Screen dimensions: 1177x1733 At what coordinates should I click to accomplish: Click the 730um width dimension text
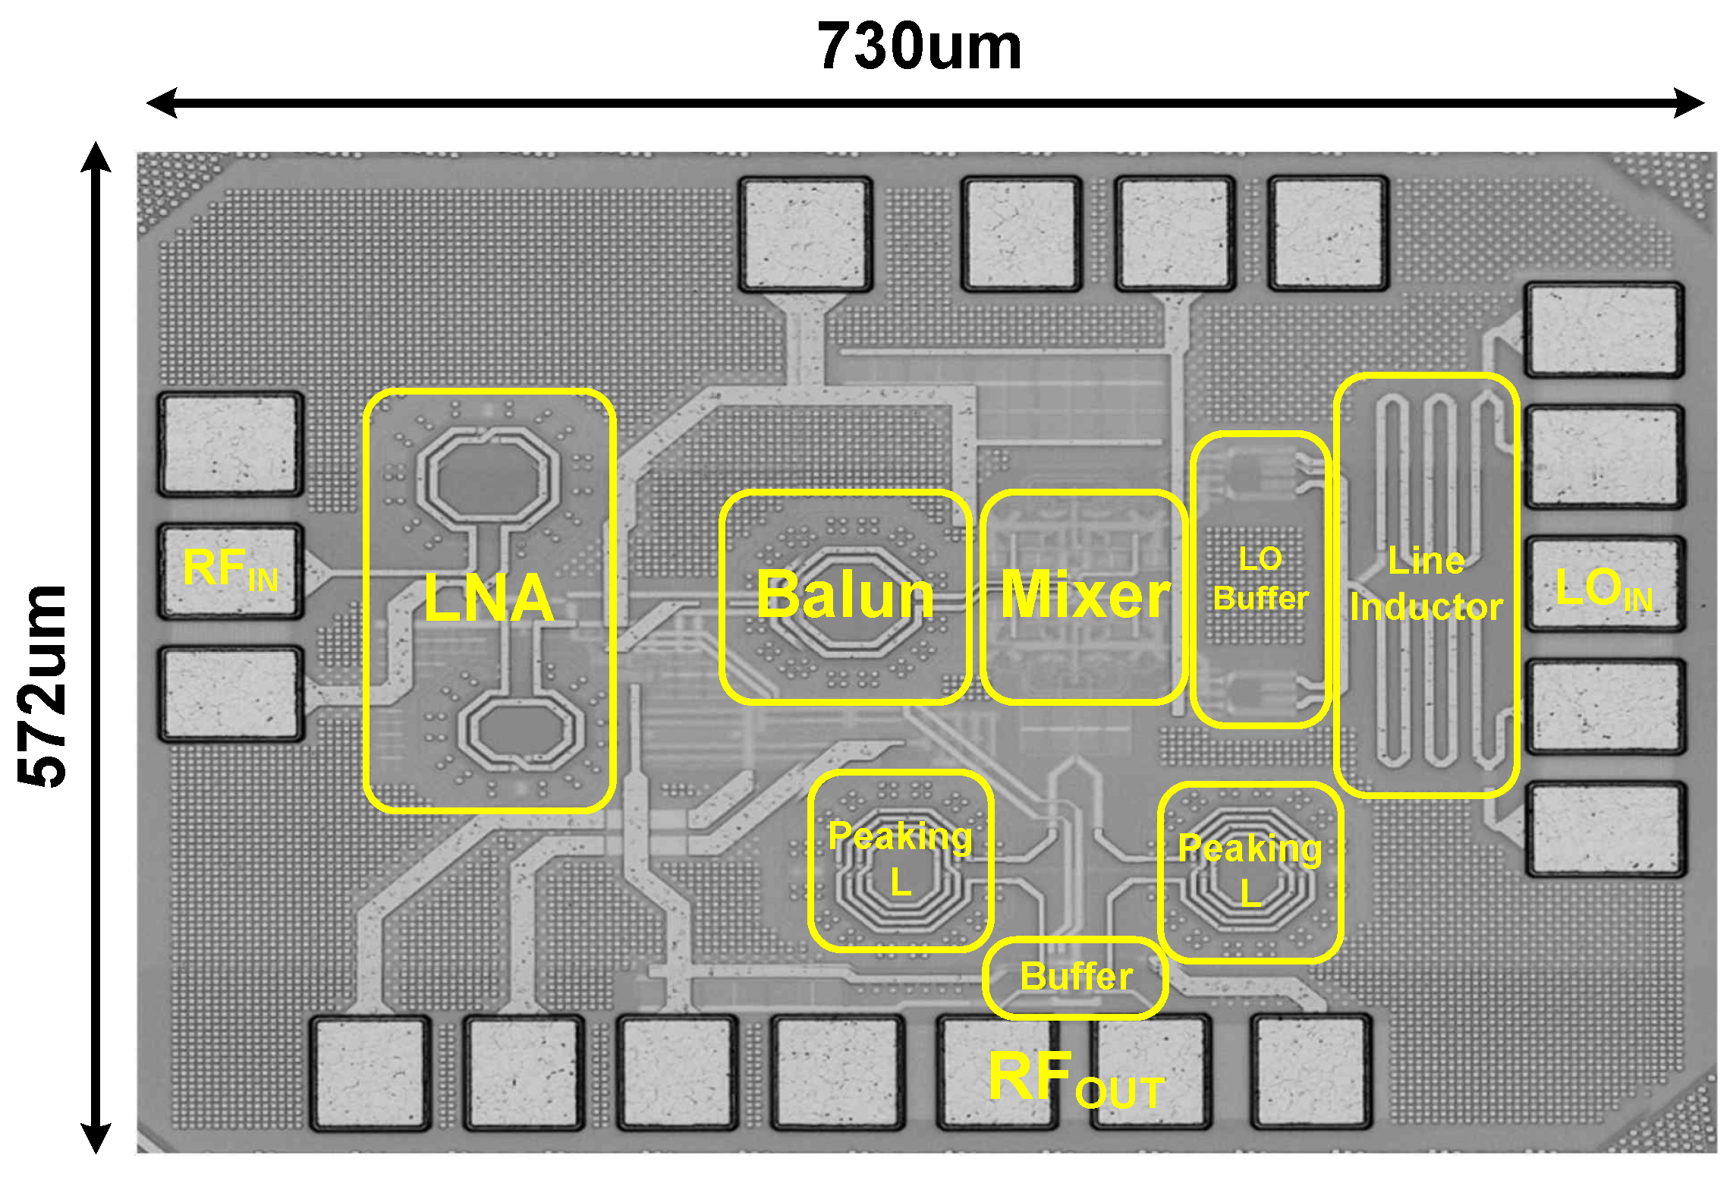point(919,47)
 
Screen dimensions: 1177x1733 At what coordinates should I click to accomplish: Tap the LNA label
point(489,598)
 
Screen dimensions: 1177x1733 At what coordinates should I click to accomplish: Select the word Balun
point(845,595)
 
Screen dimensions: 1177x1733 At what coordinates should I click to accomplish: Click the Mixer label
point(1085,595)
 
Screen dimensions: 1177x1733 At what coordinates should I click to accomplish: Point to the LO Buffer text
point(1260,579)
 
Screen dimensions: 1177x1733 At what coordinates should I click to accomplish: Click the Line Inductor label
point(1426,584)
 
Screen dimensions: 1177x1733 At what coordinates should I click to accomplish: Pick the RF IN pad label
point(230,570)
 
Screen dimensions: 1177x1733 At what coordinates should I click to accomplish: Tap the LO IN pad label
point(1603,588)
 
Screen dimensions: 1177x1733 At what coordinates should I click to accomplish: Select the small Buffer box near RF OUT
point(1076,977)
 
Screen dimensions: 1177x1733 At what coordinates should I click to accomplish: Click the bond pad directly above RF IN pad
point(230,445)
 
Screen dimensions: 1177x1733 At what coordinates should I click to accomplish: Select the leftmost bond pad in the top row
point(805,234)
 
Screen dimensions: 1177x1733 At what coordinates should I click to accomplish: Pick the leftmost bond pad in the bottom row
point(370,1073)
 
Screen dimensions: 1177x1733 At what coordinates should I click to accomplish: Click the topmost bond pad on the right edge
point(1604,329)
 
